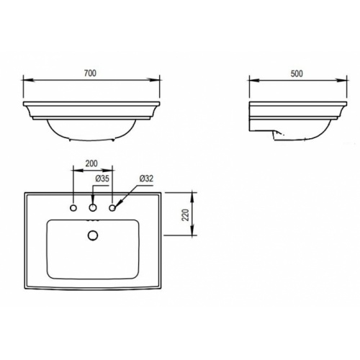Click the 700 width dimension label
pos(91,73)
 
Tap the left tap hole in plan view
pos(73,208)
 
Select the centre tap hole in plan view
pos(92,208)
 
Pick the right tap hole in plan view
pos(112,208)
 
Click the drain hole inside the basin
pos(92,235)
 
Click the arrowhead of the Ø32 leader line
pos(117,204)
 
